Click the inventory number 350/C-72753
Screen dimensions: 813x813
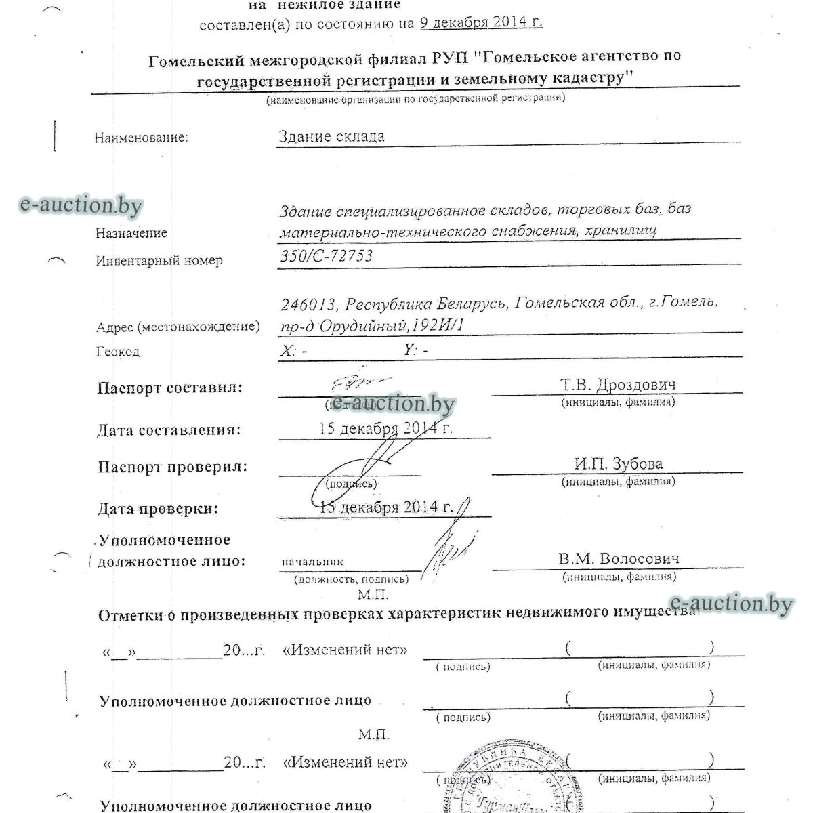click(327, 256)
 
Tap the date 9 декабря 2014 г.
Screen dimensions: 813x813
click(481, 22)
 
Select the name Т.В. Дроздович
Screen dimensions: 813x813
click(618, 385)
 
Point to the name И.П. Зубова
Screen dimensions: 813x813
click(618, 464)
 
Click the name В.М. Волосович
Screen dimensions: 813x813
click(619, 559)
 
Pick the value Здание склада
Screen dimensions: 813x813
click(331, 136)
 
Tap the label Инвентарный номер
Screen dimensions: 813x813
click(159, 260)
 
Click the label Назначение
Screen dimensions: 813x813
click(131, 233)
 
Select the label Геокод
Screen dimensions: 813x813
click(118, 352)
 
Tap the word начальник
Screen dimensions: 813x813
click(313, 561)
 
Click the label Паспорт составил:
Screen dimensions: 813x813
click(169, 388)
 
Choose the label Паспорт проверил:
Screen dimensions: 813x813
click(172, 467)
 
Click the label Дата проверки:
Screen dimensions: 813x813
click(158, 508)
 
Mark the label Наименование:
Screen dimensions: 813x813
click(141, 138)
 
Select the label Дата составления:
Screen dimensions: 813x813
click(169, 430)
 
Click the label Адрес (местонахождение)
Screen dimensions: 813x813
click(178, 327)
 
